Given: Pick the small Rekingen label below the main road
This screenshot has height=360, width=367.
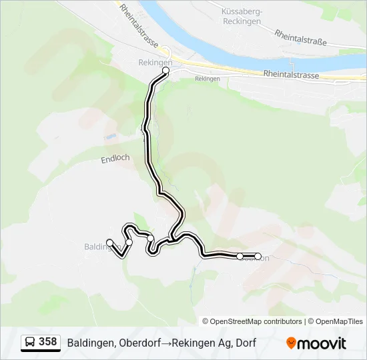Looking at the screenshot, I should click(x=208, y=79).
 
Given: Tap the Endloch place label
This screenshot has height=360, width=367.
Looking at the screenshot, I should click(x=115, y=159).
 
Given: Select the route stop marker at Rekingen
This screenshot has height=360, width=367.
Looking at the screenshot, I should click(x=165, y=70).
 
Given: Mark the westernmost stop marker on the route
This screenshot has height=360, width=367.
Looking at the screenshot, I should click(x=110, y=243).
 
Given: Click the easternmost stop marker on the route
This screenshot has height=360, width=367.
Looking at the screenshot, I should click(x=258, y=256).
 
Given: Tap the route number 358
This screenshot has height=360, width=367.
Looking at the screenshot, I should click(x=47, y=342).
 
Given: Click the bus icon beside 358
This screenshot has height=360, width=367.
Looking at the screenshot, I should click(x=30, y=343).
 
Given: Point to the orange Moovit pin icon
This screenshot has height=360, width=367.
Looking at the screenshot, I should click(x=292, y=343).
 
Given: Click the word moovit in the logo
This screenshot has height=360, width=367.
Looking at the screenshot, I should click(x=322, y=343).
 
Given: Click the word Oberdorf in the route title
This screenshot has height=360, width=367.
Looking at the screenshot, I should click(x=139, y=343).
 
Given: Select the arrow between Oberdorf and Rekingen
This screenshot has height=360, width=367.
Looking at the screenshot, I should click(x=166, y=343).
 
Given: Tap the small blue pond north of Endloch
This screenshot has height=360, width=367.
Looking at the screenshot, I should click(x=109, y=138).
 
